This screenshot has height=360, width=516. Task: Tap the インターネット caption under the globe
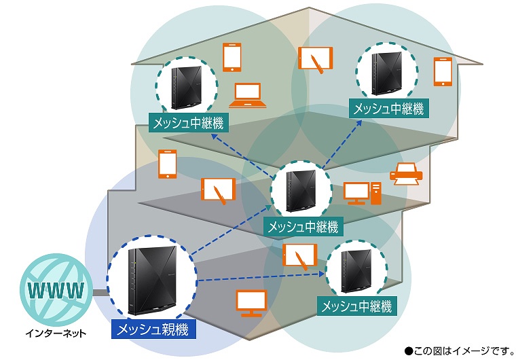[56, 334]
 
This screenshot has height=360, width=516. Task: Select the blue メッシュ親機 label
[153, 329]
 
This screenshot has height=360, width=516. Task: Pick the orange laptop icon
[247, 96]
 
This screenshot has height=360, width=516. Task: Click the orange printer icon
[406, 174]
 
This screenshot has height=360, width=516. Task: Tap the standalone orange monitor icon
[251, 304]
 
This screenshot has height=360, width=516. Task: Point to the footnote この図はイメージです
[460, 351]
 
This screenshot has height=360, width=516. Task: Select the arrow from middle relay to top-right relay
[342, 144]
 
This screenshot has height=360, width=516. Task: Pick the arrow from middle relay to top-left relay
[244, 154]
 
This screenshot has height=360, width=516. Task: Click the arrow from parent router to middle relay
[232, 230]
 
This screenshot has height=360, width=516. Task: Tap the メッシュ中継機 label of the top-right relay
[389, 109]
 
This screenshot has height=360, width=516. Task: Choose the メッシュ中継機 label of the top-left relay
[189, 123]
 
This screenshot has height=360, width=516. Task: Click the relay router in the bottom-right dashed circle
[356, 271]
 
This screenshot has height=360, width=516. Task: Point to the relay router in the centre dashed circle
[301, 191]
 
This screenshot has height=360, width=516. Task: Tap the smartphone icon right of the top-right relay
[443, 72]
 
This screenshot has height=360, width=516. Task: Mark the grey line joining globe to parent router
[100, 293]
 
